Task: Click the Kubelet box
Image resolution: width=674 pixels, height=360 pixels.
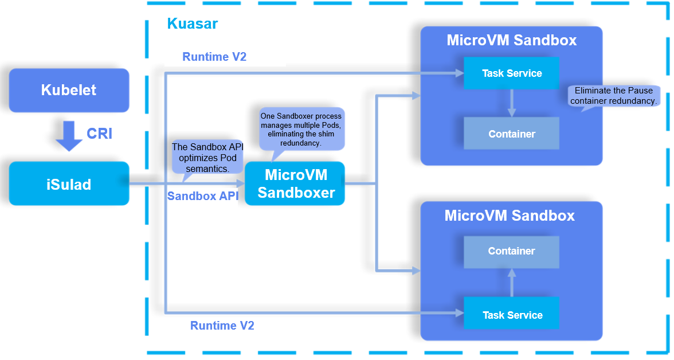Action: tap(69, 90)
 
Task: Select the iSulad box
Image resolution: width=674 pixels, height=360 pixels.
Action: tap(69, 184)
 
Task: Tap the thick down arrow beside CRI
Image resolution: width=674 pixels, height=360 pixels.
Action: tap(69, 135)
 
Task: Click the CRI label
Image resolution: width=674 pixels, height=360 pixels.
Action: tap(99, 134)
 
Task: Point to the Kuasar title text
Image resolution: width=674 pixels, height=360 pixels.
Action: tap(192, 24)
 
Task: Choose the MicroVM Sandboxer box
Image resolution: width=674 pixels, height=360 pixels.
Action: tap(295, 184)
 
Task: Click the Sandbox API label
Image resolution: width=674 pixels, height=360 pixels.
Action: tap(202, 196)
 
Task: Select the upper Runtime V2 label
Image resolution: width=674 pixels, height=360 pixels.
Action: tap(214, 57)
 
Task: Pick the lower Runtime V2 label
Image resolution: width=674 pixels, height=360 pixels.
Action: tap(222, 326)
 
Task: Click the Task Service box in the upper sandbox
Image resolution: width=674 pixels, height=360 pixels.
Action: tap(511, 73)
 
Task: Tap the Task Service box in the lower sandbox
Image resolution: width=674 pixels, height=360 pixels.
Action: tap(511, 315)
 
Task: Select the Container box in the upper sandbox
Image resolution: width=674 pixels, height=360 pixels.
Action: tap(511, 134)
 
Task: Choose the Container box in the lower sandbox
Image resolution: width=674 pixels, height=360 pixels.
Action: tap(511, 251)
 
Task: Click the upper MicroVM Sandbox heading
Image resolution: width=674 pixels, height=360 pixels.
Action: tap(511, 41)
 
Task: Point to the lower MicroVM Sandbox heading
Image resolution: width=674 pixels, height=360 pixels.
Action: tap(510, 216)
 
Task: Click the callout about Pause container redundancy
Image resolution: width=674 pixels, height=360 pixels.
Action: tap(613, 96)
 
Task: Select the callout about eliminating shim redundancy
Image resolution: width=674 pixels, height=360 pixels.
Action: tap(301, 130)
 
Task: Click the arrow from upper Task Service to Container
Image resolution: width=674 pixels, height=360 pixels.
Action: tap(512, 103)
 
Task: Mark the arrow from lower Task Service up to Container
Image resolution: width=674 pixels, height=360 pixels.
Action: tap(512, 283)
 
